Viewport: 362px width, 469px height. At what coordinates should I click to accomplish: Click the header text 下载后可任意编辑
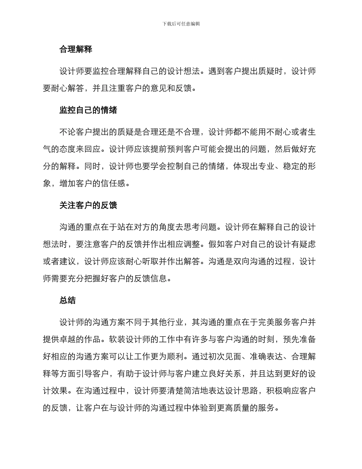pyautogui.click(x=181, y=24)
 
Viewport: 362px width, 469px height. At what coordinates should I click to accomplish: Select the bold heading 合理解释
pyautogui.click(x=75, y=49)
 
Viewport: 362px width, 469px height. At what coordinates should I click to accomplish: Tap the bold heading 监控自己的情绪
pyautogui.click(x=88, y=110)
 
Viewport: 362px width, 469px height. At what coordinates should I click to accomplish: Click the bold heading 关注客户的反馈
pyautogui.click(x=88, y=206)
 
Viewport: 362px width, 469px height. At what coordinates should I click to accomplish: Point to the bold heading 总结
pyautogui.click(x=67, y=300)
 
